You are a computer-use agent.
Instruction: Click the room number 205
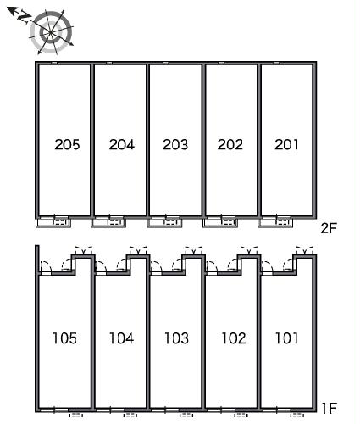click(x=67, y=144)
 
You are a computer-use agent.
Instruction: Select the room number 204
click(x=122, y=144)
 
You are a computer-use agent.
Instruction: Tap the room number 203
click(x=175, y=144)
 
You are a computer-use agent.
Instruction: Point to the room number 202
click(x=230, y=144)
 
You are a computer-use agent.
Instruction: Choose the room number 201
click(x=286, y=144)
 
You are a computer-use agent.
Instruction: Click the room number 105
click(x=64, y=338)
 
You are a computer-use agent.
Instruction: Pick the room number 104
click(x=121, y=338)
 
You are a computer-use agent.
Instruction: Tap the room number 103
click(x=176, y=338)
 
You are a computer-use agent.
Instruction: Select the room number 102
click(x=234, y=338)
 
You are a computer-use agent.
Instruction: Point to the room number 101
click(x=286, y=338)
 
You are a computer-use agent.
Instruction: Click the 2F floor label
click(x=329, y=228)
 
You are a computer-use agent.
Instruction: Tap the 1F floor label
click(x=330, y=408)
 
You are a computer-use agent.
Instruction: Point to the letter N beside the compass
click(x=23, y=16)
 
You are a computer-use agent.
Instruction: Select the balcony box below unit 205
click(x=53, y=222)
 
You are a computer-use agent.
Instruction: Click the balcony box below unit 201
click(x=275, y=222)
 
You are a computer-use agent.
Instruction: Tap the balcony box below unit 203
click(x=164, y=222)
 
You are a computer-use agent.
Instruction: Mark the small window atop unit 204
click(x=109, y=63)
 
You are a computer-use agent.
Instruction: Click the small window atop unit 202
click(x=221, y=63)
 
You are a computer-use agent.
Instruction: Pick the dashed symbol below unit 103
click(x=186, y=415)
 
